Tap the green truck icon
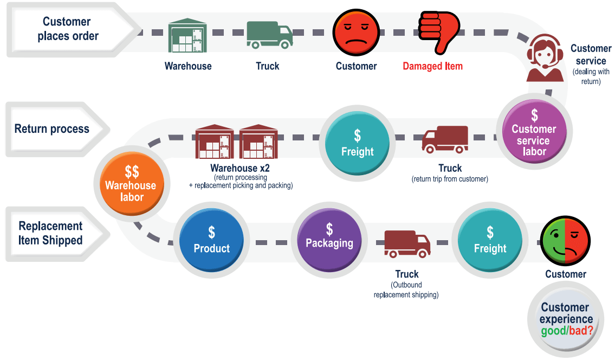pos(269,35)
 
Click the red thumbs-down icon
pos(438,31)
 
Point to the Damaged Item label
pos(432,66)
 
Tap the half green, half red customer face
pos(565,240)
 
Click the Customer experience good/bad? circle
pos(566,319)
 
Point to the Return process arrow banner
pos(54,129)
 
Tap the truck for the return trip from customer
pos(445,139)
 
